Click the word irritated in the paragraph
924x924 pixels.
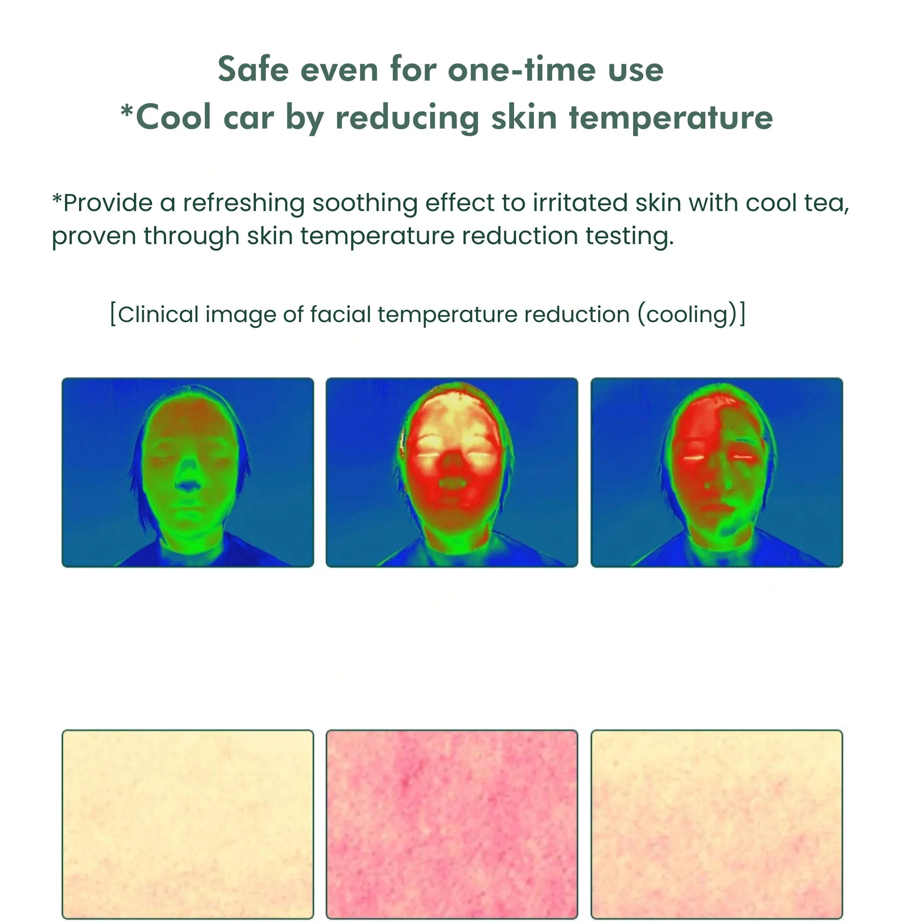click(580, 202)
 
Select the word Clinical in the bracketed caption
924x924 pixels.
click(158, 315)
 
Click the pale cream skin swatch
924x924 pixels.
click(188, 824)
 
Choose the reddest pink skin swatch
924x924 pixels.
click(452, 824)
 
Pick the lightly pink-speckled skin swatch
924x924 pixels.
click(717, 824)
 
